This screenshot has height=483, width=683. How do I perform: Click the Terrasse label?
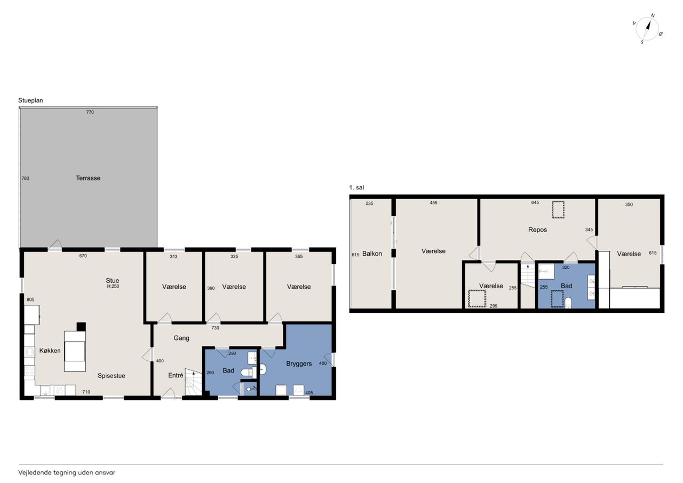tap(88, 178)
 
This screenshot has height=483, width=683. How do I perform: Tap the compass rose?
tap(647, 29)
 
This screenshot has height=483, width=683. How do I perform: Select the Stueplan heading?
tap(30, 100)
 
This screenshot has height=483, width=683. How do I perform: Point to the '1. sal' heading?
tap(356, 187)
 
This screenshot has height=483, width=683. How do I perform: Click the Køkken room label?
tap(50, 351)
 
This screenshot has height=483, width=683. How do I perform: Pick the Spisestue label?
tap(112, 376)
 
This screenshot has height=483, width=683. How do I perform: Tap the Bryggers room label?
tap(299, 364)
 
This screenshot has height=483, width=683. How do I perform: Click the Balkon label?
tap(372, 254)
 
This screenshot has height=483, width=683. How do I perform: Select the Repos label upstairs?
tap(537, 229)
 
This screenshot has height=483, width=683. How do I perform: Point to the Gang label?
tap(181, 338)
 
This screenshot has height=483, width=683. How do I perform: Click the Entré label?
tap(176, 375)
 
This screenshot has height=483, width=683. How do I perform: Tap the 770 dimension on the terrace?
tap(90, 112)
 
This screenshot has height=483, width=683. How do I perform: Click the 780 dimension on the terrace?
tap(25, 178)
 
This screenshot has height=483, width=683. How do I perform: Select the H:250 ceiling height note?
tap(113, 286)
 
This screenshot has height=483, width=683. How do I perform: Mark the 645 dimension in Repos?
tap(535, 202)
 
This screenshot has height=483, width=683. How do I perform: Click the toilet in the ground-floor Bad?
tap(249, 372)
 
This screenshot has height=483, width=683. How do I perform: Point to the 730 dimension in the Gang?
tap(215, 328)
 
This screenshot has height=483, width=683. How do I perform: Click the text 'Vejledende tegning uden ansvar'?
tap(67, 473)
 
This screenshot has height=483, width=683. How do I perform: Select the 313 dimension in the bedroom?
tap(173, 257)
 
